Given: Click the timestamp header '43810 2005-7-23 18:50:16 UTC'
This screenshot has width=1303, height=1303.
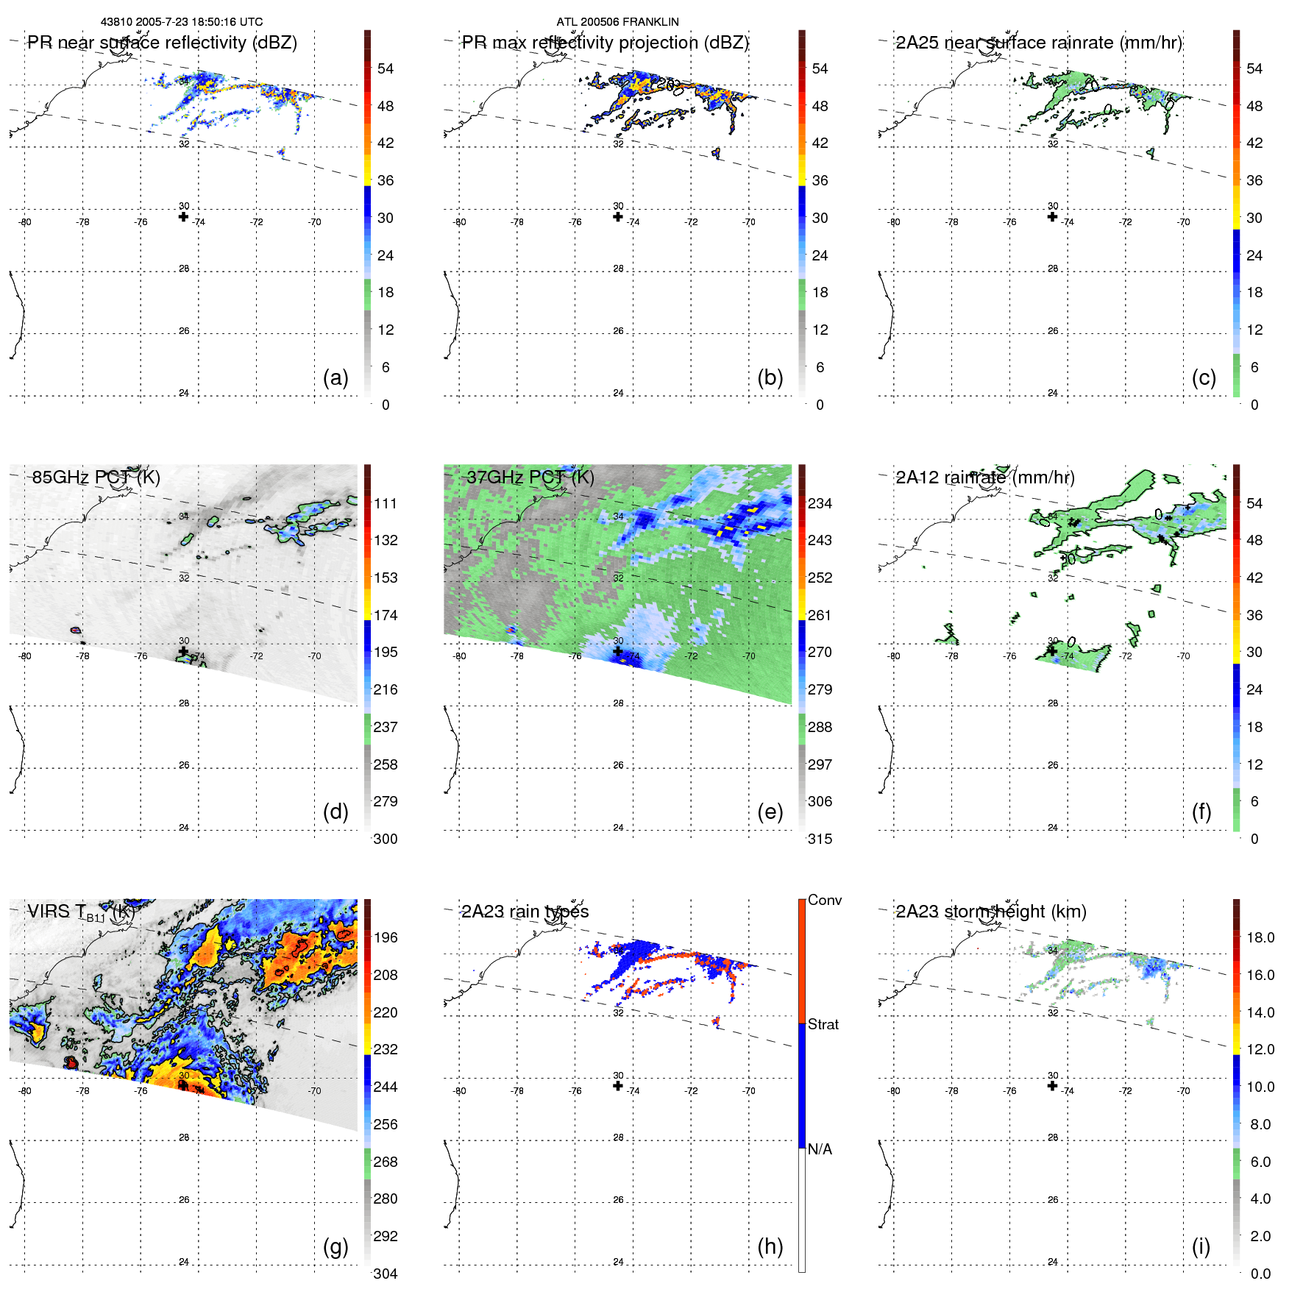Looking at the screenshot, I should [182, 22].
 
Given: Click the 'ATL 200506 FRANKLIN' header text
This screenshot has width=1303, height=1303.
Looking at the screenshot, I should [617, 22].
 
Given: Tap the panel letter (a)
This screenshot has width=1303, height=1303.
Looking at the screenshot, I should [335, 377].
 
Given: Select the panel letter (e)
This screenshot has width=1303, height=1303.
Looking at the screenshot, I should [770, 812].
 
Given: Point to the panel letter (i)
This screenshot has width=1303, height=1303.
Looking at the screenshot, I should [1201, 1246].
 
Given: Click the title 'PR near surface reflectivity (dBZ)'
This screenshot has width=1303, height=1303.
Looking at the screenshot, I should [162, 43].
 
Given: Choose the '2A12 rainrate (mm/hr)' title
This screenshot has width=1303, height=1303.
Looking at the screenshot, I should [984, 477].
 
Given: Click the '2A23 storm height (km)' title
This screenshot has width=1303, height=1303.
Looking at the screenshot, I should [990, 912].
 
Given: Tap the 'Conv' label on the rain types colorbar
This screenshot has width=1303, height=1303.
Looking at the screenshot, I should [824, 900].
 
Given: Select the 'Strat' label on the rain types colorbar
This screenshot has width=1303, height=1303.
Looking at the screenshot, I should [823, 1024].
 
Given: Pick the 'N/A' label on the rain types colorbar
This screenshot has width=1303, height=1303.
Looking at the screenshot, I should [820, 1149].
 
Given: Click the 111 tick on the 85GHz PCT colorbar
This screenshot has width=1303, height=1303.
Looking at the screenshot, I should [386, 503].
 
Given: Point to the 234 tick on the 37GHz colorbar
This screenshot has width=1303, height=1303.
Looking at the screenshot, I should [820, 503].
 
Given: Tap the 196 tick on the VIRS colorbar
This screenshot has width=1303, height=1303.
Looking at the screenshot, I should [386, 937].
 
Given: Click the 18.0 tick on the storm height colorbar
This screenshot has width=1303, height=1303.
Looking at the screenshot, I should [1260, 937].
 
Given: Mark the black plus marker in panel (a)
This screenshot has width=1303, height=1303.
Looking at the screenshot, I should [183, 216].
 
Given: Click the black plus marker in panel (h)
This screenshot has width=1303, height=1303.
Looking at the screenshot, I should [618, 1086].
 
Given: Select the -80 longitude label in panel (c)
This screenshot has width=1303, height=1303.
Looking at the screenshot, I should [894, 222].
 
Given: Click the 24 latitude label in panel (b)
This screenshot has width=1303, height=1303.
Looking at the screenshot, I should [618, 393].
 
